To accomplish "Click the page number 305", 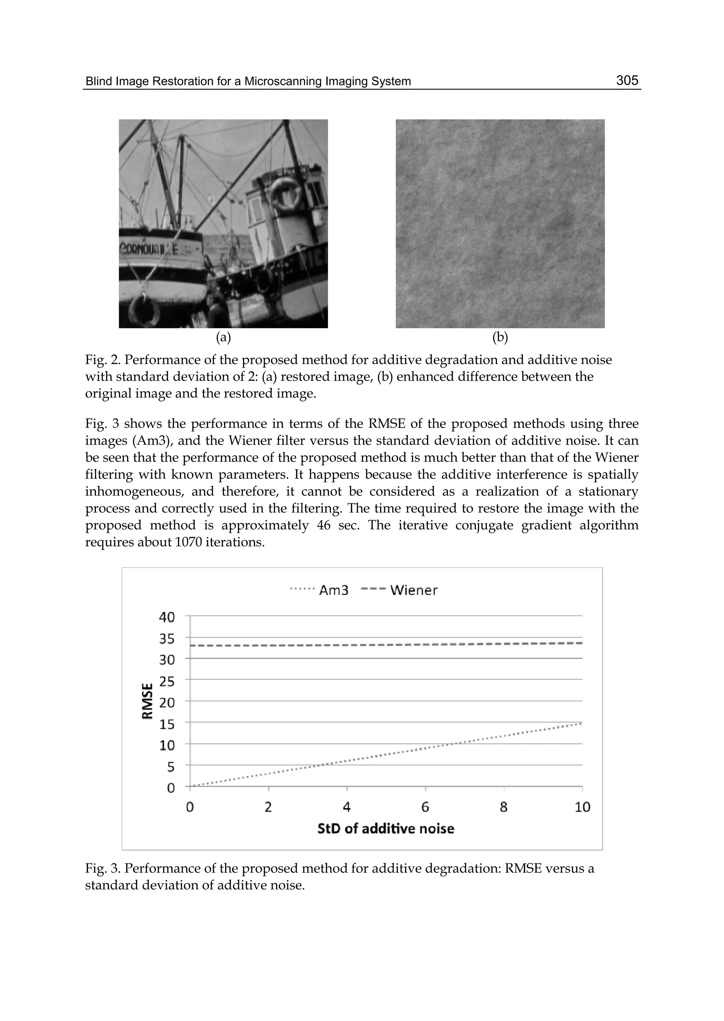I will coord(627,80).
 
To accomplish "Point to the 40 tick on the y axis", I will coord(167,617).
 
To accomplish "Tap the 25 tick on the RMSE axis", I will coord(167,681).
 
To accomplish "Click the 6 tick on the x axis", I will coord(425,807).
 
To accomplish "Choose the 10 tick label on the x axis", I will coord(582,807).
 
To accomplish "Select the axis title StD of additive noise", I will coord(386,828).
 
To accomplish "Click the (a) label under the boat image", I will coord(223,338).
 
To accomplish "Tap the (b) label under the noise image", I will coord(500,338).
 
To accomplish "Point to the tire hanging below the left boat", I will coord(144,309).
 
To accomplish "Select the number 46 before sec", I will coord(324,526).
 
